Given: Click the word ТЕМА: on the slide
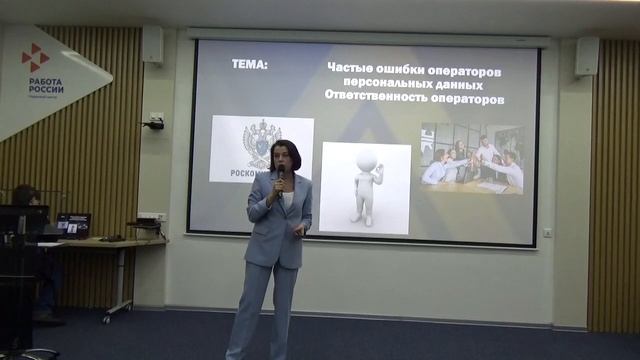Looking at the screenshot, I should tap(250, 66).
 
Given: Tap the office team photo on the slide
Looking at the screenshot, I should tap(471, 158).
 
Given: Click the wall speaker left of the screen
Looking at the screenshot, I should tap(152, 45).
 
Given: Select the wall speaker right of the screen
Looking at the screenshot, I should tap(587, 56).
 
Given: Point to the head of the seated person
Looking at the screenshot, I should tap(24, 195).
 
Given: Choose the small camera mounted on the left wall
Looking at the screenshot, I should tap(154, 122).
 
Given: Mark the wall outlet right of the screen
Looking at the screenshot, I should tap(547, 232).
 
